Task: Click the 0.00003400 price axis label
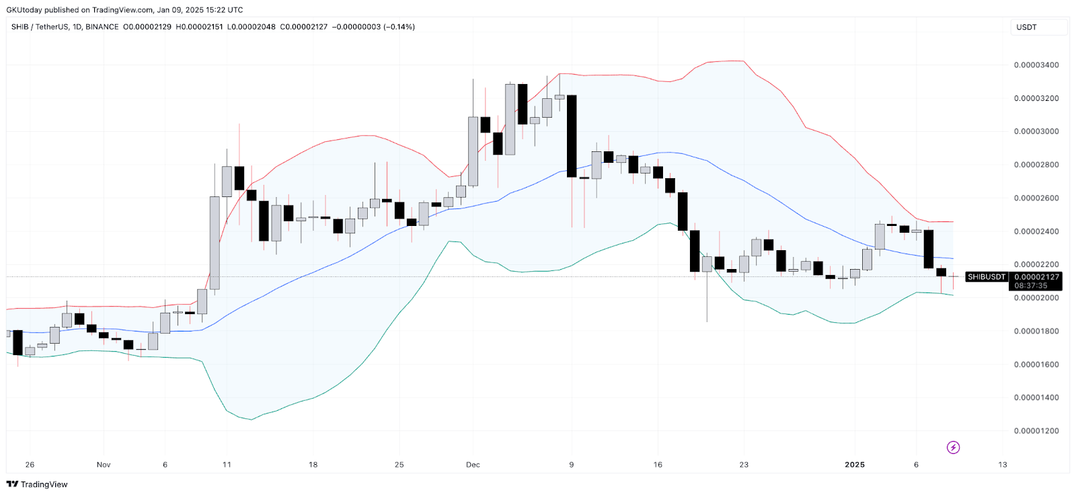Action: pyautogui.click(x=1036, y=65)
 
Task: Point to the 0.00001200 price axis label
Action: pyautogui.click(x=1036, y=431)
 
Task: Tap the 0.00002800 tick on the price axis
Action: pyautogui.click(x=1036, y=165)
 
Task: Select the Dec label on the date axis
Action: pyautogui.click(x=473, y=465)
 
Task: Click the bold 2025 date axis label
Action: pyautogui.click(x=855, y=465)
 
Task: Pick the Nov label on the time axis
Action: pyautogui.click(x=104, y=465)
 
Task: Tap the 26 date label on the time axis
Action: pyautogui.click(x=30, y=465)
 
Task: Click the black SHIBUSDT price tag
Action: pyautogui.click(x=986, y=277)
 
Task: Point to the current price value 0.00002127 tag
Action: pyautogui.click(x=1036, y=277)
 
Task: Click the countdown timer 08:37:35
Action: pyautogui.click(x=1030, y=286)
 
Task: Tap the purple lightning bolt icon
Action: pyautogui.click(x=953, y=447)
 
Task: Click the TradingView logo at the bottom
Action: pyautogui.click(x=37, y=484)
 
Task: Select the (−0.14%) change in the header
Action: pyautogui.click(x=399, y=27)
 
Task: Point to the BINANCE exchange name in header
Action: pyautogui.click(x=102, y=27)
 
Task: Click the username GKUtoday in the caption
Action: pyautogui.click(x=24, y=10)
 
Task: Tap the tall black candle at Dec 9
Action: pyautogui.click(x=572, y=136)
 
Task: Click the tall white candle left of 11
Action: pyautogui.click(x=215, y=242)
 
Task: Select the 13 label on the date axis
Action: pyautogui.click(x=1003, y=465)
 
